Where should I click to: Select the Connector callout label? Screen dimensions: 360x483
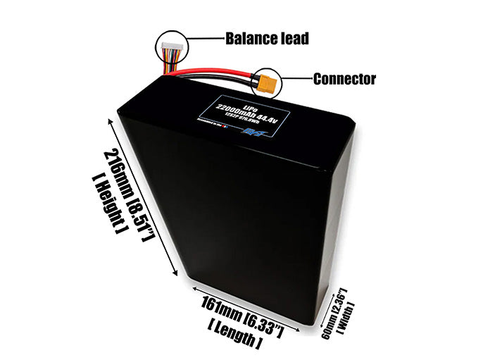click(343, 79)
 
